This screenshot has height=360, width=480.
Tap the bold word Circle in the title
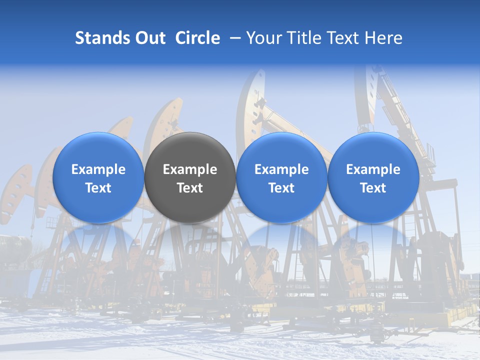click(x=197, y=38)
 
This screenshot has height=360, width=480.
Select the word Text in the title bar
click(x=341, y=38)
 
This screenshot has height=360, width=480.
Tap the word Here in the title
click(x=383, y=38)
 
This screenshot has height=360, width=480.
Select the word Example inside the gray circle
click(x=190, y=169)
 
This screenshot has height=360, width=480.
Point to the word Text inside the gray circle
click(x=190, y=188)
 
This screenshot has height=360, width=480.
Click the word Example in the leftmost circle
click(x=98, y=169)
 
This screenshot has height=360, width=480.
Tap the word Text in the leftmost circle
click(x=98, y=188)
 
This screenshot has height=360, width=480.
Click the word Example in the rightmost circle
click(x=373, y=169)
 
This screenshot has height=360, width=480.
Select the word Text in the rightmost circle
click(x=373, y=188)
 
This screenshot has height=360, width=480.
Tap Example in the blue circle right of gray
click(x=281, y=169)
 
